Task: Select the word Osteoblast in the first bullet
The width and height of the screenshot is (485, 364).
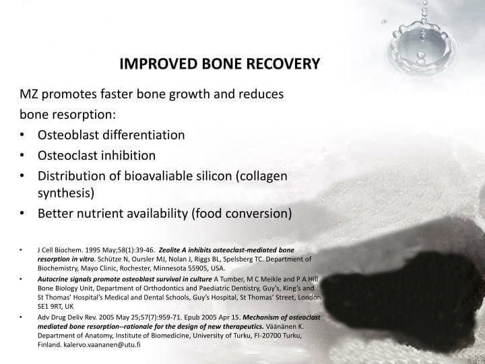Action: point(68,135)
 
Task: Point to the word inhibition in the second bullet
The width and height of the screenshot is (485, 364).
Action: point(127,156)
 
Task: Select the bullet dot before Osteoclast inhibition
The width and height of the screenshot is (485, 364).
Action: point(23,156)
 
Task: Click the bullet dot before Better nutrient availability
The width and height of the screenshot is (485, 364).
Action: point(23,214)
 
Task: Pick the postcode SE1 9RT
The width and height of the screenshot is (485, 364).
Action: point(51,305)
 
